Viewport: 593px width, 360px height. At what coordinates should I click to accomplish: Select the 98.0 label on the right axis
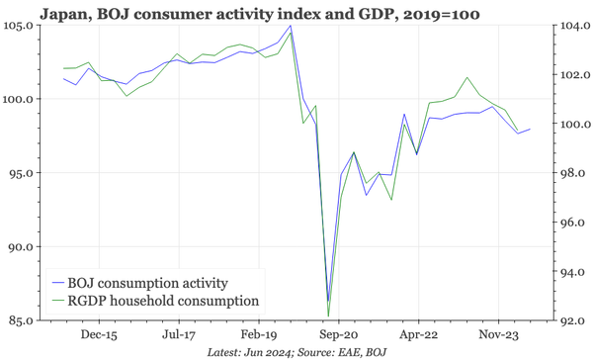point(571,173)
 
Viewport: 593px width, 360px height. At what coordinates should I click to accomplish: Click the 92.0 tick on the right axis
point(571,320)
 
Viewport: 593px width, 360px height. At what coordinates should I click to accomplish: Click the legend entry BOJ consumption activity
point(148,282)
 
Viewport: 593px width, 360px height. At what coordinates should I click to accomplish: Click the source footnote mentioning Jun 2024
point(296,352)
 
